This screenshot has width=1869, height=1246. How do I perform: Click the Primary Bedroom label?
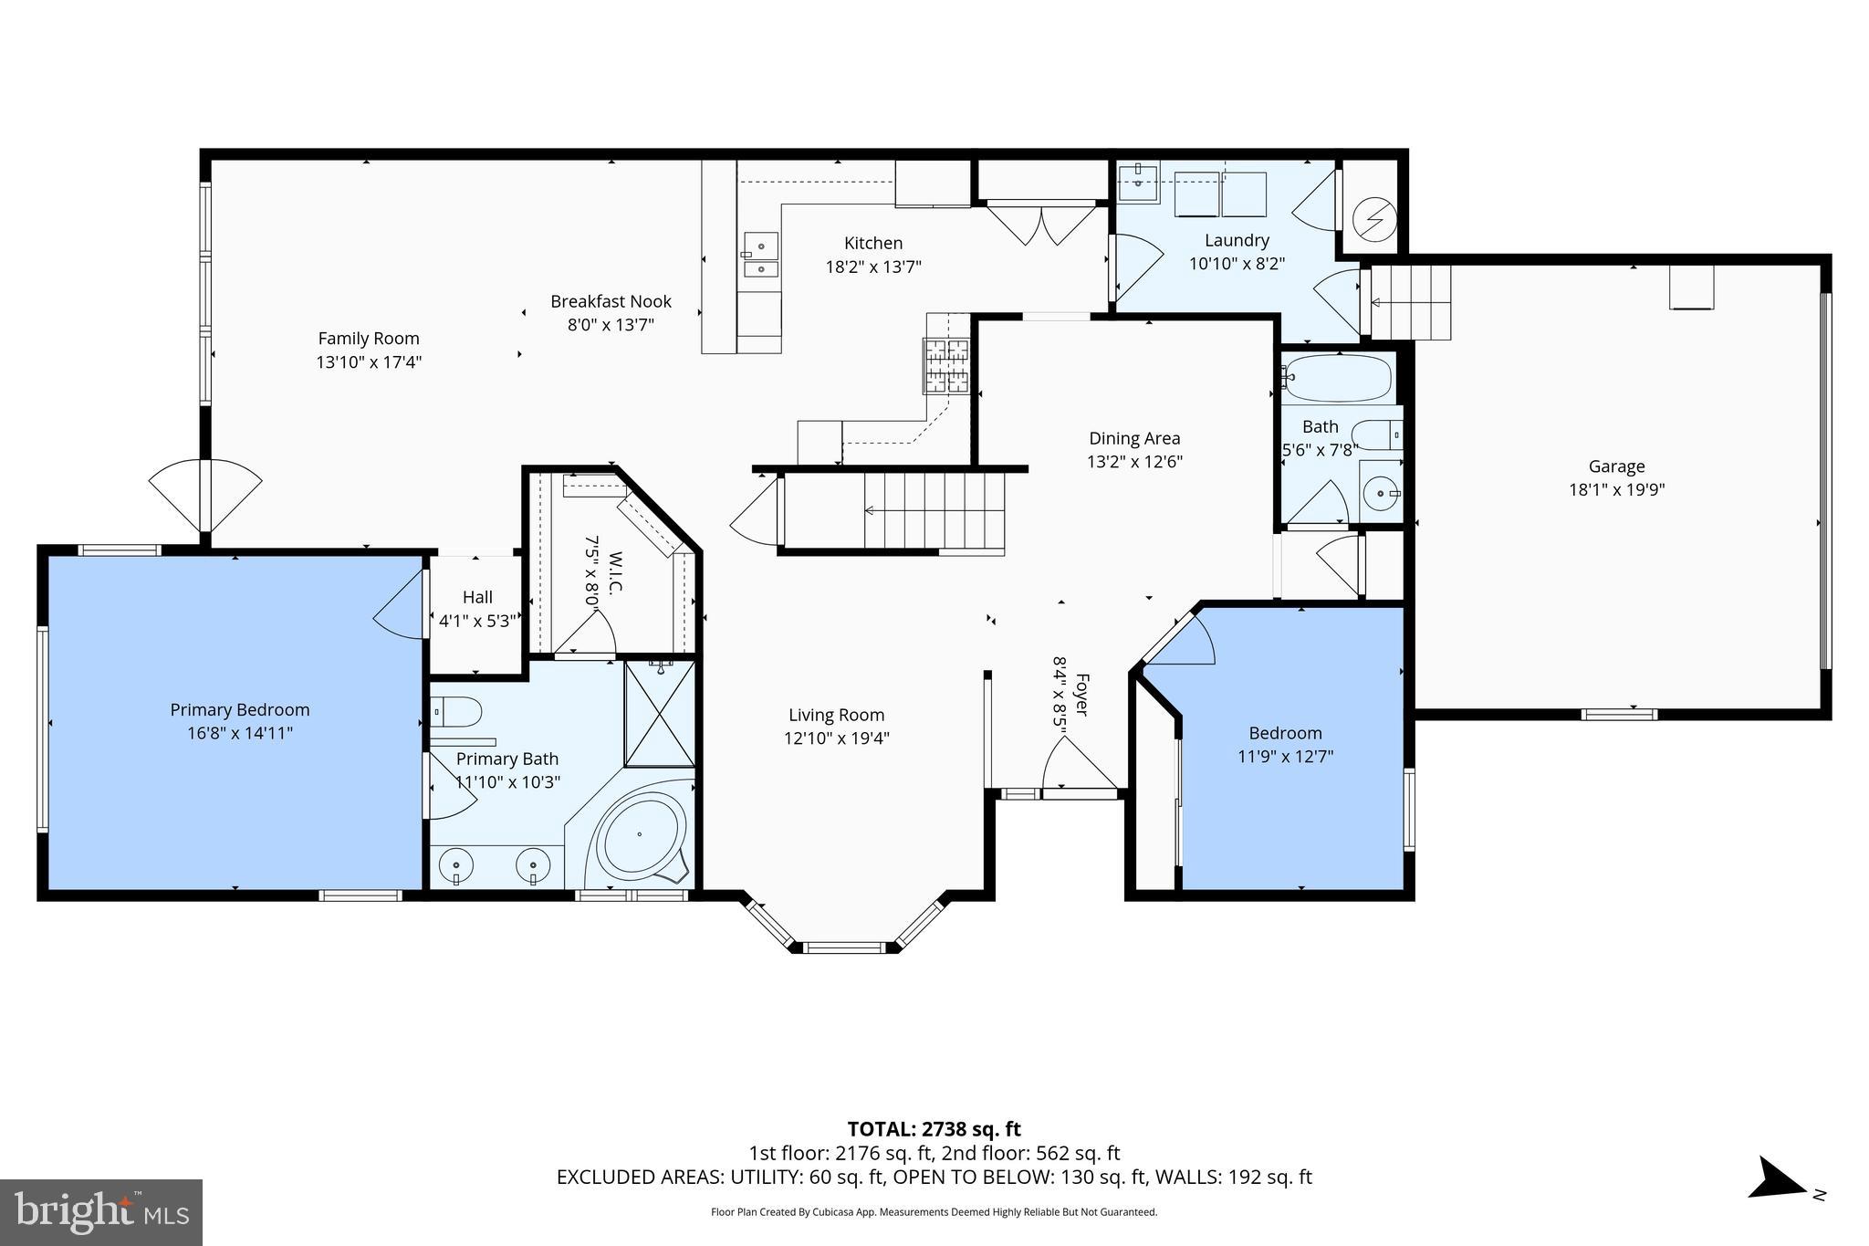[x=240, y=710]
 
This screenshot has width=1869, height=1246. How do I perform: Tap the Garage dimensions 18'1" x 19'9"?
[x=1616, y=490]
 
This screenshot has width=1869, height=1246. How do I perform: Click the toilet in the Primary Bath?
[x=457, y=711]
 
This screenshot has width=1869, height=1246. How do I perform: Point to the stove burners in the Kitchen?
[x=945, y=365]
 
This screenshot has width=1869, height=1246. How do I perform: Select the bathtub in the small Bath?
[x=1337, y=377]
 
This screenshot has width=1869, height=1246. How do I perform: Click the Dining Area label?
[x=1134, y=439]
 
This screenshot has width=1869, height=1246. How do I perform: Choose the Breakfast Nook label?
[x=611, y=302]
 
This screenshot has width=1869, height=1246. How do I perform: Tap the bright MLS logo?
[x=101, y=1212]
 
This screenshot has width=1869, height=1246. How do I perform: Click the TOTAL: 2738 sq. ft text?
[x=934, y=1129]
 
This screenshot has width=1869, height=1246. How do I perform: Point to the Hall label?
[x=477, y=598]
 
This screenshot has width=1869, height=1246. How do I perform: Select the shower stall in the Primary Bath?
[x=660, y=714]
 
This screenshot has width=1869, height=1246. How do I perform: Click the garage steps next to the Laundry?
[x=1411, y=301]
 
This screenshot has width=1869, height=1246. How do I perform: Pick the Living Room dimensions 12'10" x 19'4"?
[x=836, y=738]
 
